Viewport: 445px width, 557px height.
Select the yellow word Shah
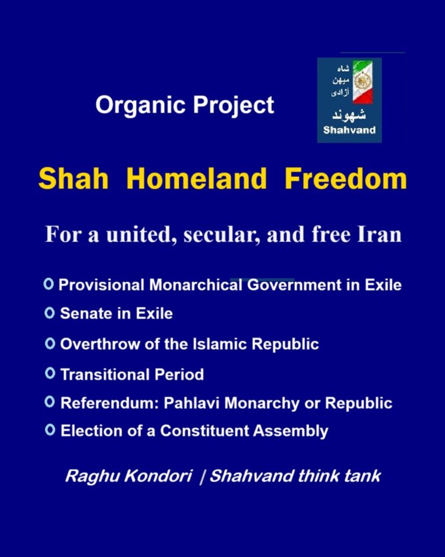point(74,179)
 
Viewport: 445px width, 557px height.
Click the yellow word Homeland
point(196,179)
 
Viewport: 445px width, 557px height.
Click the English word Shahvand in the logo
point(349,130)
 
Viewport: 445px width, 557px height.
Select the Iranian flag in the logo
point(363,82)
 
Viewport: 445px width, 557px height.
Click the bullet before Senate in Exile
point(50,313)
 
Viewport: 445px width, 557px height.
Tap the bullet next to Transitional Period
point(50,373)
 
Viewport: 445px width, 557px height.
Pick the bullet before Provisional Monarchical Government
point(48,284)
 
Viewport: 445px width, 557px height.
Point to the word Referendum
point(110,403)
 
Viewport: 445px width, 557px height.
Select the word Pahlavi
point(191,403)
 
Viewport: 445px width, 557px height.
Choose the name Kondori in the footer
point(158,476)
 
